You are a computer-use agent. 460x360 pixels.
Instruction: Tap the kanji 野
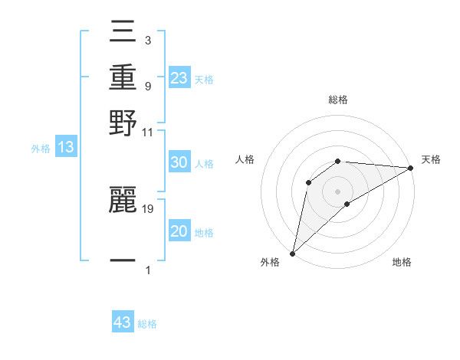coord(123,123)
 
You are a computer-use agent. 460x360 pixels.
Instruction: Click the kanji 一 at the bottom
coord(123,260)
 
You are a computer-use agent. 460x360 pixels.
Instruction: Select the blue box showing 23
coord(179,78)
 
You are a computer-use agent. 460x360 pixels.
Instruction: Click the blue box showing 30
coord(179,163)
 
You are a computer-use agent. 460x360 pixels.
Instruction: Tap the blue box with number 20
coord(179,231)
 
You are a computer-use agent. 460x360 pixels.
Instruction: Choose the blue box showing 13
coord(66,148)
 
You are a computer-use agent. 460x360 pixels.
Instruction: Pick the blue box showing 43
coord(123,322)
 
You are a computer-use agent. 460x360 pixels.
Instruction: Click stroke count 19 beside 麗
coord(148,208)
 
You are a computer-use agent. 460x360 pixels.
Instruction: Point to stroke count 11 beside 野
coord(148,132)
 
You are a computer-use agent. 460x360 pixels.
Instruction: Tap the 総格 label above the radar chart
coord(338,100)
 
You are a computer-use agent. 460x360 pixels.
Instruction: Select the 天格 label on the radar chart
coord(431,159)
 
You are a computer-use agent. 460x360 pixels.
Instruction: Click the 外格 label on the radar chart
coord(270,262)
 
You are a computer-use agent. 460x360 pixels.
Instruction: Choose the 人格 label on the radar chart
coord(245,159)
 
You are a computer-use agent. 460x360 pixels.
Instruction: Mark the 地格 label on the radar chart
coord(402,262)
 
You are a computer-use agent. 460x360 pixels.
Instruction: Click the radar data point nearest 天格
coord(410,168)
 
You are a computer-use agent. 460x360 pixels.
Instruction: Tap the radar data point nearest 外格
coord(292,253)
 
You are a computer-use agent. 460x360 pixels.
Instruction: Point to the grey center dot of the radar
coord(338,191)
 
